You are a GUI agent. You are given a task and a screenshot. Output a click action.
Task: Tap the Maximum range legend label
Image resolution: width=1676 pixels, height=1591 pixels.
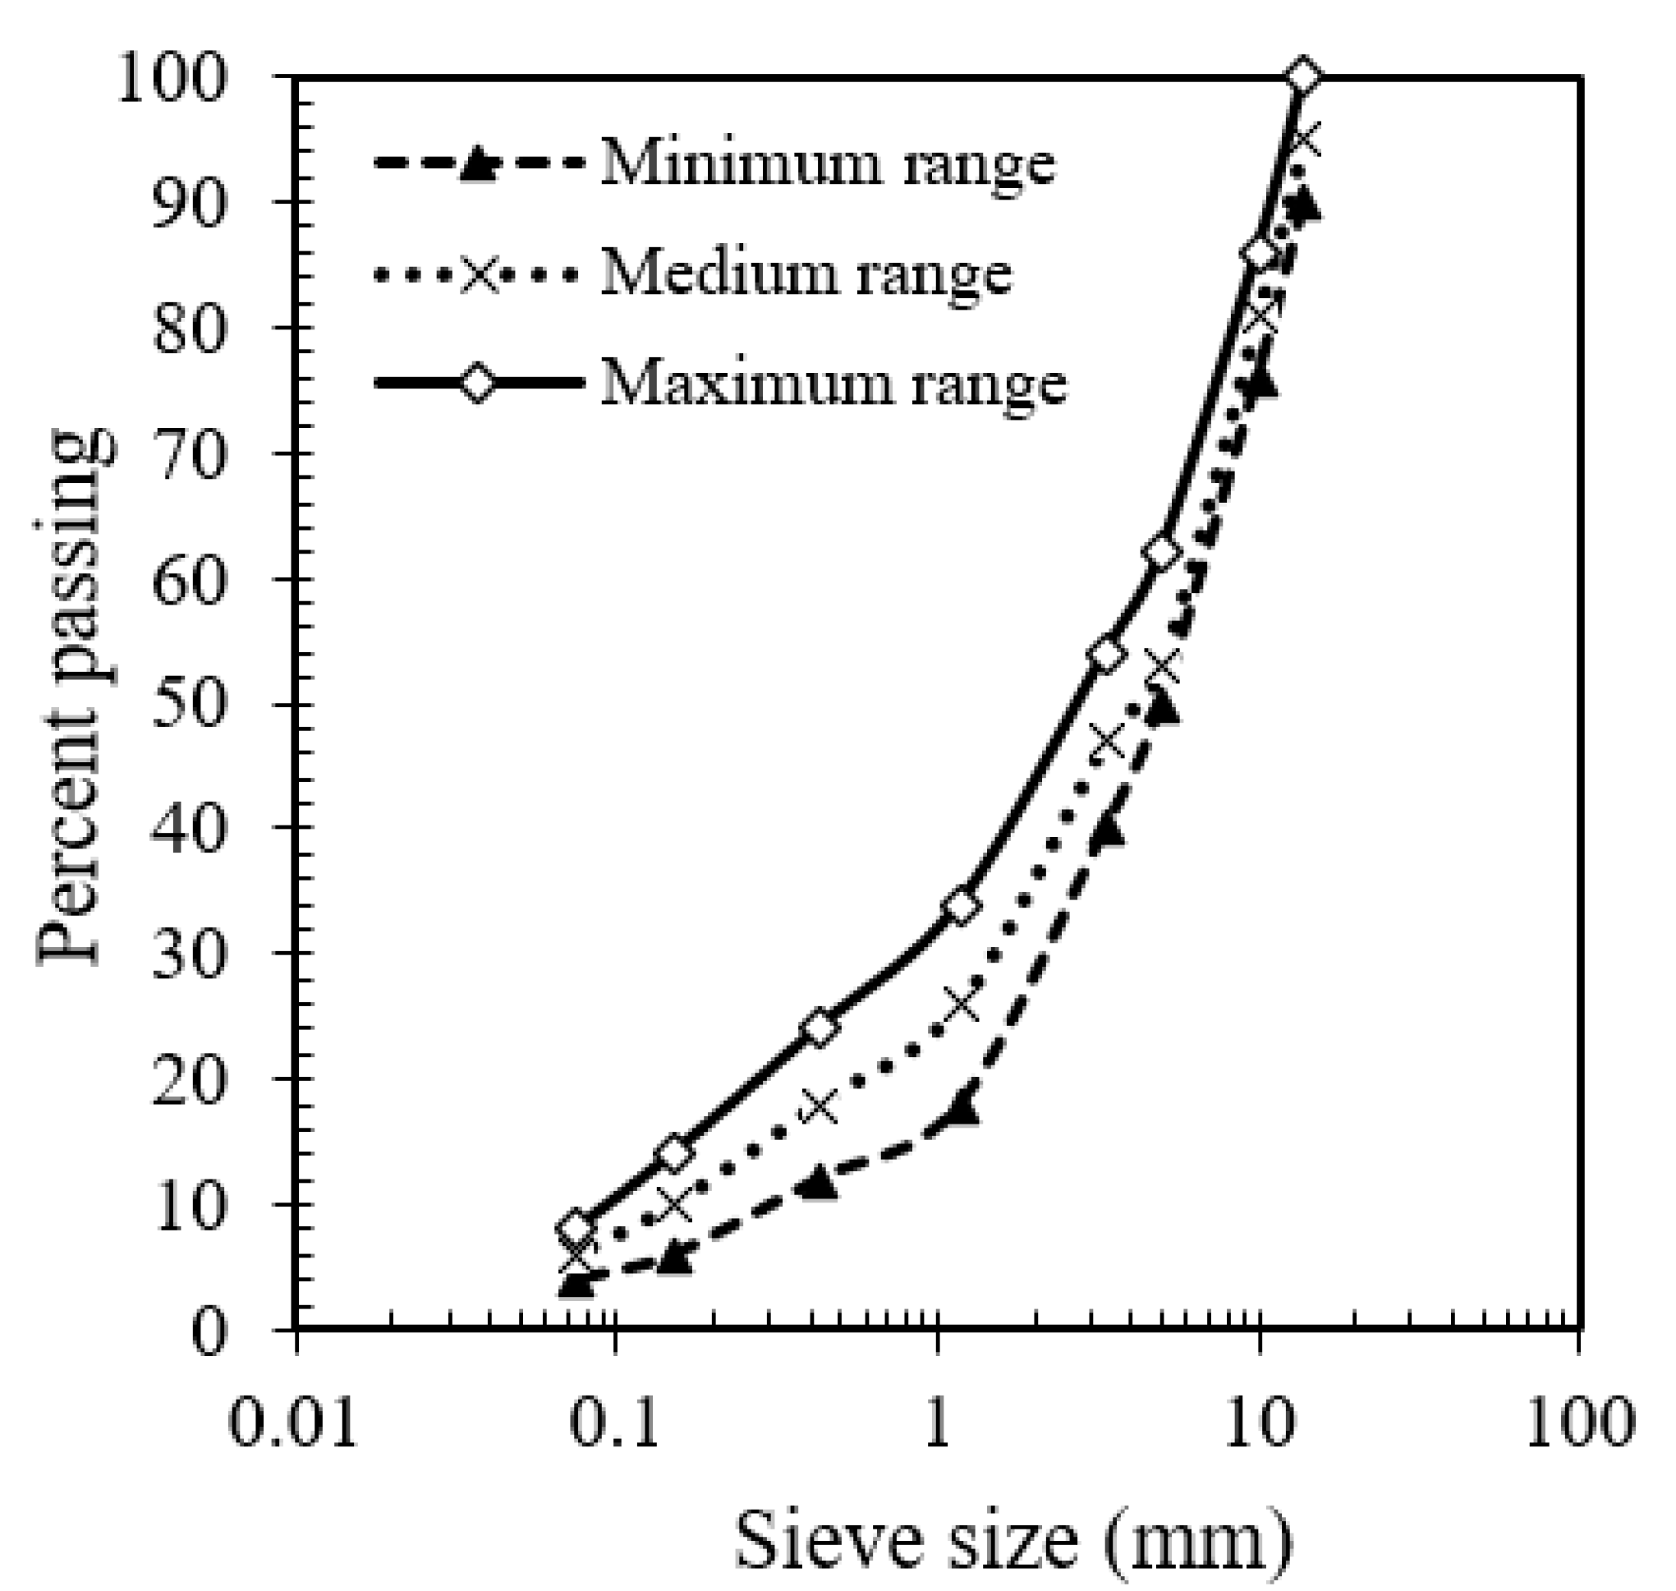point(833,384)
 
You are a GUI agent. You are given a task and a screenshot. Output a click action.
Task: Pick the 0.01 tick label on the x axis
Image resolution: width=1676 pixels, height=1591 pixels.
point(293,1423)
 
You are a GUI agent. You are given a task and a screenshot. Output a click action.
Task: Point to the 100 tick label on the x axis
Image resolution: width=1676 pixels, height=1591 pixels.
point(1579,1423)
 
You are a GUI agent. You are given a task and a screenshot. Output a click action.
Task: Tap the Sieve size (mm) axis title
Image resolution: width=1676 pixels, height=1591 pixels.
point(1012,1540)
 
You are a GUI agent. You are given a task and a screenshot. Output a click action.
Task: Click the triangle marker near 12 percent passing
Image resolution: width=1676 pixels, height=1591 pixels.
point(819,1184)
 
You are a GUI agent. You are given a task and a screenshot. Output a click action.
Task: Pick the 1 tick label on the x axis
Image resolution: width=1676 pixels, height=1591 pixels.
point(937,1423)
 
